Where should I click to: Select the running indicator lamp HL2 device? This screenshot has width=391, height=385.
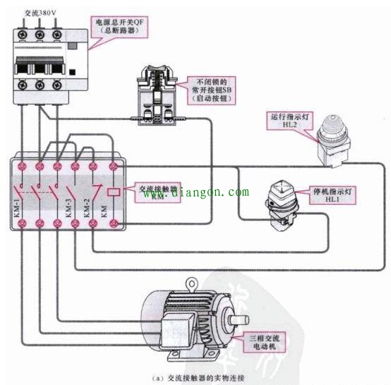click(332, 141)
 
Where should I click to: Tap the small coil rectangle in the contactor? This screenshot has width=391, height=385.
click(112, 192)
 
